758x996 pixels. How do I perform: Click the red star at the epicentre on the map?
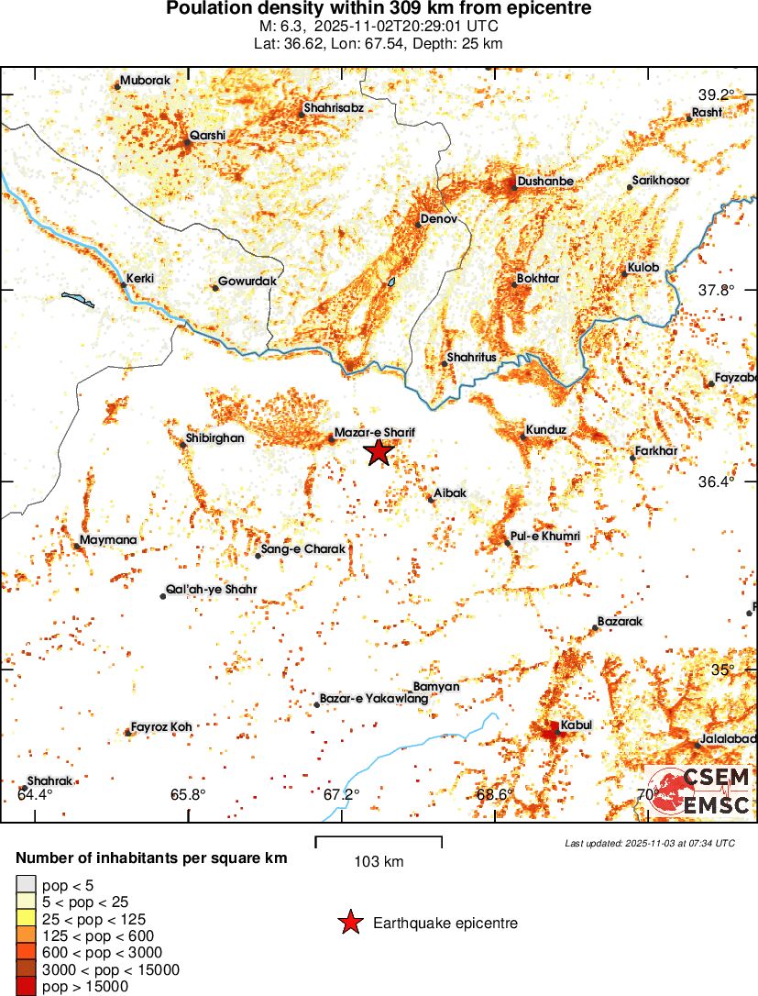(379, 451)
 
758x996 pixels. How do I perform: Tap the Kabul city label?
(576, 725)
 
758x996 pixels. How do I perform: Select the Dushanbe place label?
(545, 182)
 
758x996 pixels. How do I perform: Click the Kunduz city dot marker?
(523, 437)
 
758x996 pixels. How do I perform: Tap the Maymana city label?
(108, 539)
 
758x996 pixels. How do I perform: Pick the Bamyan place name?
(436, 686)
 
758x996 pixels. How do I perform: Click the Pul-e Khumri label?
(547, 536)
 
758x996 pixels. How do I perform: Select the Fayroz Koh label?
(161, 726)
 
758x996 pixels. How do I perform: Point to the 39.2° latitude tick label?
(717, 94)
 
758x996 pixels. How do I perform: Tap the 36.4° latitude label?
(717, 481)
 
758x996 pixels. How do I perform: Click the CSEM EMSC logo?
(699, 791)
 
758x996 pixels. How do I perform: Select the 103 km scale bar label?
(379, 861)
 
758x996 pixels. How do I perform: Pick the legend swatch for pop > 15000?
(26, 987)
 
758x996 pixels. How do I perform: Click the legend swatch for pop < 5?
(26, 884)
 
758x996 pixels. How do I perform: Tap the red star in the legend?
(349, 924)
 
